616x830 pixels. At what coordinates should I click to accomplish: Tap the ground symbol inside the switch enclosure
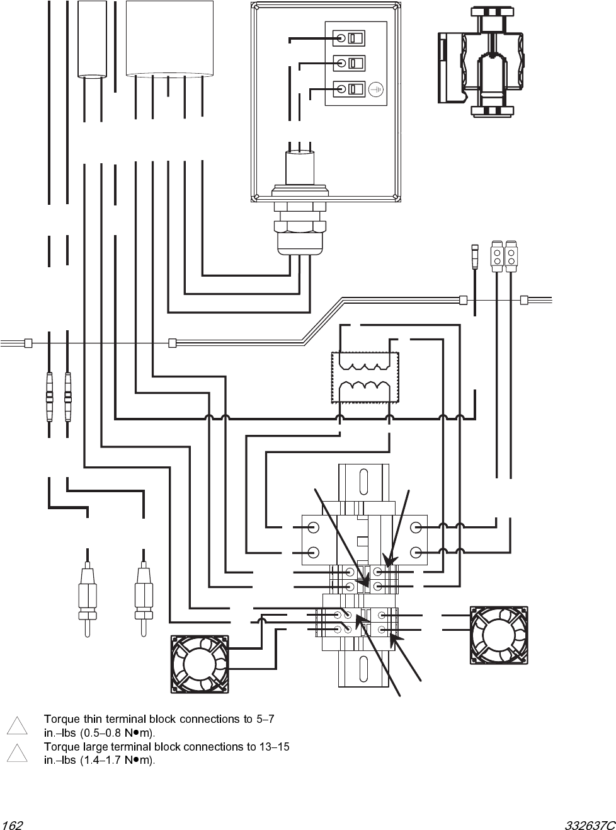click(376, 89)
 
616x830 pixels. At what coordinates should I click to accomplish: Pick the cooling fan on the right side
click(499, 635)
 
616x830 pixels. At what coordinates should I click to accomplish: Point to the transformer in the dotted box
click(366, 377)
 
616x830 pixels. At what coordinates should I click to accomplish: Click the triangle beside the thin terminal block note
click(17, 725)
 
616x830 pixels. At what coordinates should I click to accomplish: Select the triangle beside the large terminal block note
click(17, 753)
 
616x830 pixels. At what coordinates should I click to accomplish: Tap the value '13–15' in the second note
click(274, 747)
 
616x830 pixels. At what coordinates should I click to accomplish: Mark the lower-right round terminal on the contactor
click(415, 553)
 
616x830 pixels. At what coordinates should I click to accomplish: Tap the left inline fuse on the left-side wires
click(49, 397)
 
